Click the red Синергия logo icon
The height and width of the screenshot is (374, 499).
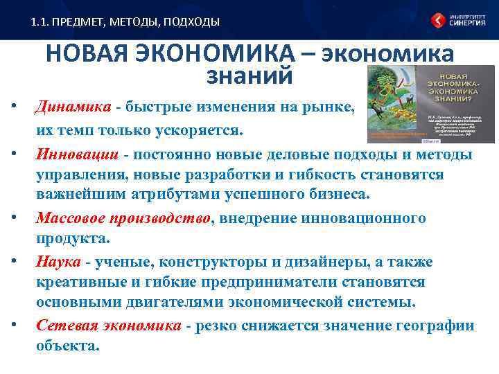[439, 21]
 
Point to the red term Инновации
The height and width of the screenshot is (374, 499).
[77, 153]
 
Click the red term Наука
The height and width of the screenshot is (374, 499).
[58, 262]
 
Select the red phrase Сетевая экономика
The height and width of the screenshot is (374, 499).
[109, 326]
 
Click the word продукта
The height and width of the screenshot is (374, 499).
[71, 239]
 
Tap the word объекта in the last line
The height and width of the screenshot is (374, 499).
[67, 346]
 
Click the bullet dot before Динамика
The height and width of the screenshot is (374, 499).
[14, 108]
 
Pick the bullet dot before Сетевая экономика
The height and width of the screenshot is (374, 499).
[14, 326]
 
